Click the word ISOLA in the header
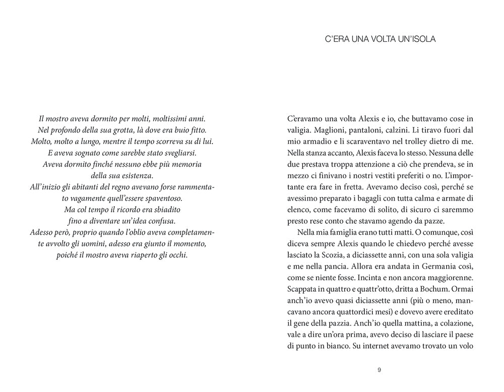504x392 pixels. click(x=421, y=39)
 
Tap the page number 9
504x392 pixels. click(x=379, y=370)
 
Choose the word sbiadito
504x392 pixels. click(x=163, y=210)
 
